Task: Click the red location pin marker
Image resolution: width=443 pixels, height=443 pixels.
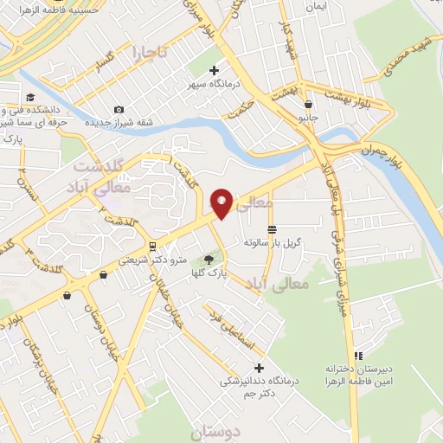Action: click(221, 203)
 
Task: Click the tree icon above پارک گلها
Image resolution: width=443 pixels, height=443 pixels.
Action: click(208, 259)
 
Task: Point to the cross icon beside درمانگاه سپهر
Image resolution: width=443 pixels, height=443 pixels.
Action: click(215, 71)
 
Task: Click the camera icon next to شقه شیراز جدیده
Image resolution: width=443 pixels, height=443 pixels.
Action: click(119, 109)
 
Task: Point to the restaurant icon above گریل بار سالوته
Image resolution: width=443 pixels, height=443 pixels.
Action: click(272, 229)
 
